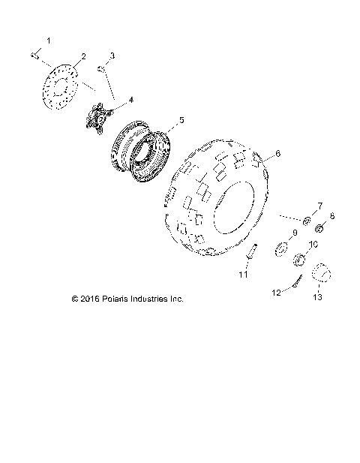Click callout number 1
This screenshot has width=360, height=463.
[x=49, y=39]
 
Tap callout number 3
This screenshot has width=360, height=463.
[x=112, y=56]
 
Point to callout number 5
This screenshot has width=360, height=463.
[x=180, y=119]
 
